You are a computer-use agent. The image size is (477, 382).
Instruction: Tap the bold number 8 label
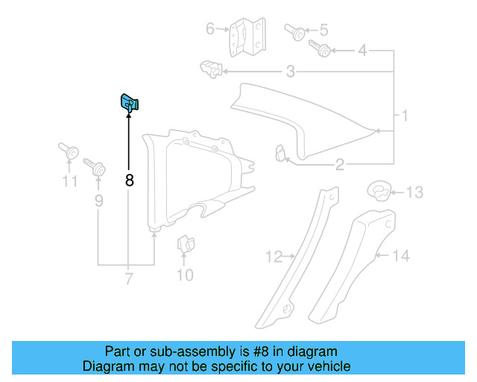130,180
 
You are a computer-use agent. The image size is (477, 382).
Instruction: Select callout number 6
210,29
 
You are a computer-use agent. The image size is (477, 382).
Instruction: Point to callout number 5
323,31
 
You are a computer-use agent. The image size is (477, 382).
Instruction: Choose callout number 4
362,51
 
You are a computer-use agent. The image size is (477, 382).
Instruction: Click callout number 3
290,72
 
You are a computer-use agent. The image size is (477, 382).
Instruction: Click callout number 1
405,116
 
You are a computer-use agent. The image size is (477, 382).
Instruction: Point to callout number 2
339,165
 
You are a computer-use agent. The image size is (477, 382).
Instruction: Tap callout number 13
414,192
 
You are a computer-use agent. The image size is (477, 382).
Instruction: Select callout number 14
400,256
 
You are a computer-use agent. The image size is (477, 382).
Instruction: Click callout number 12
274,257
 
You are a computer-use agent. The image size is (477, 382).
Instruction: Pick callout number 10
184,275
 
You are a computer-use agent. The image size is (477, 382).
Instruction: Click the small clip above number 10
183,245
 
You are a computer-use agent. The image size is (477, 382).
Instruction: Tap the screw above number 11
69,151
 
